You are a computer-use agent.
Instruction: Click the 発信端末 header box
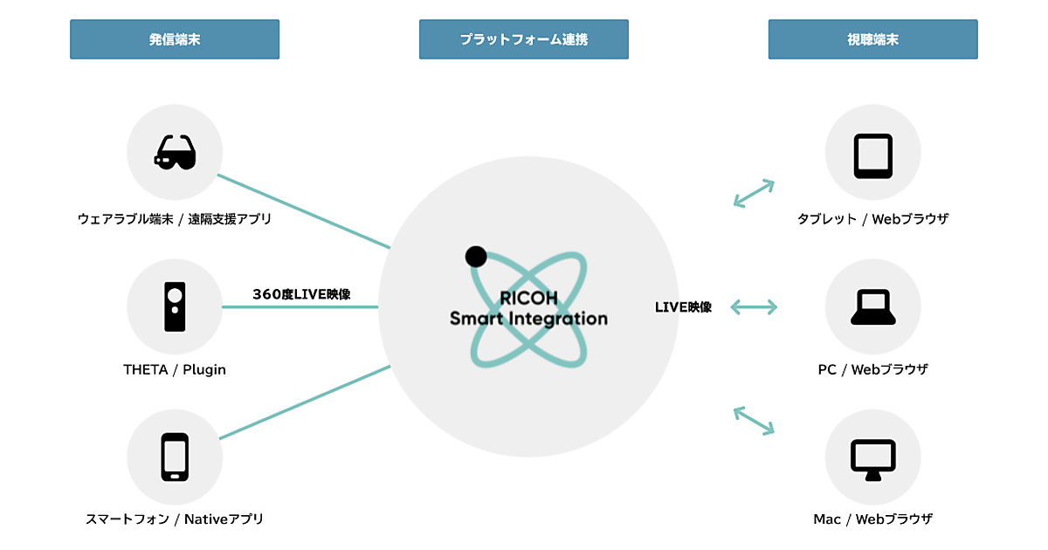[175, 39]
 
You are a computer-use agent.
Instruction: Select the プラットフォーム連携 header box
[524, 39]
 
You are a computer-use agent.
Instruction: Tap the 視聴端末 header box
[872, 39]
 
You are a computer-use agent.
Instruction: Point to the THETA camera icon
[175, 306]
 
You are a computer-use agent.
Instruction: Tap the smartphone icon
[175, 457]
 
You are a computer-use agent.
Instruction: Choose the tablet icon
[872, 155]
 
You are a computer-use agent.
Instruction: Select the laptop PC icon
[872, 306]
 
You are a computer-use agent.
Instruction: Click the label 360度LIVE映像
[301, 294]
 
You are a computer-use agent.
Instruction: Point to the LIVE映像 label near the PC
[683, 307]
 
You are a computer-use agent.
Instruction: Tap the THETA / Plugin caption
[175, 369]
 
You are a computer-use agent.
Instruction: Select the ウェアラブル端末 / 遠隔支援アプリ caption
[175, 219]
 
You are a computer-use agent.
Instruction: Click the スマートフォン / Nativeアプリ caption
[175, 519]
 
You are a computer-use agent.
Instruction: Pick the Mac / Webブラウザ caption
[872, 519]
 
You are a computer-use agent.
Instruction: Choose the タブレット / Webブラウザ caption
[872, 219]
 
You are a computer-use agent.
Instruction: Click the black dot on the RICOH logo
[476, 256]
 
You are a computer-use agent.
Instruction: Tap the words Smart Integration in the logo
[528, 319]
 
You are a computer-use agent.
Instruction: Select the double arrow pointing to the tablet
[754, 193]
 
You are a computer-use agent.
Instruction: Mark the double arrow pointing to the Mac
[754, 420]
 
